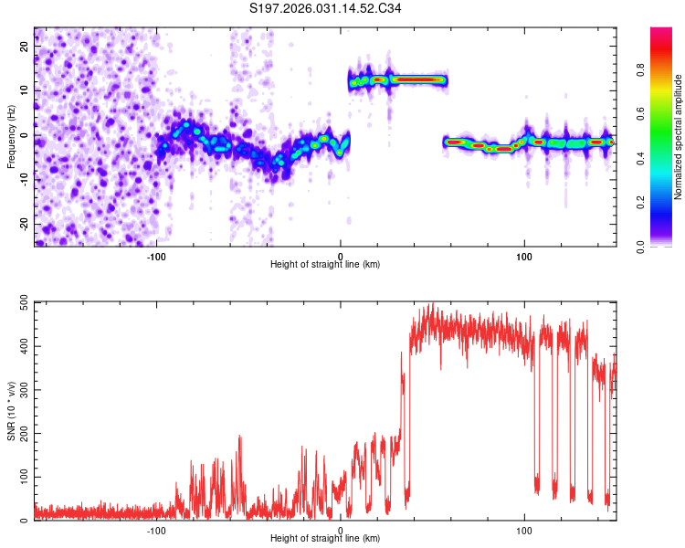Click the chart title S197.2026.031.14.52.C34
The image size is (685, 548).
coord(326,9)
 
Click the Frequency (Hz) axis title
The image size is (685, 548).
coord(11,137)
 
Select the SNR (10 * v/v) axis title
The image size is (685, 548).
coord(11,411)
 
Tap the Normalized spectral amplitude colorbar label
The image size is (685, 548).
coord(679,137)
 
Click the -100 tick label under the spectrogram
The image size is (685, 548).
coord(156,257)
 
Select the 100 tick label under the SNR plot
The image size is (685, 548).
coord(524,531)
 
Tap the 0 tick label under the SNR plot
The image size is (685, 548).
coord(340,531)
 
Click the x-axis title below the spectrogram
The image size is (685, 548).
coord(325,265)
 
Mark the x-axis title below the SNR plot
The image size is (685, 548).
coord(325,539)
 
